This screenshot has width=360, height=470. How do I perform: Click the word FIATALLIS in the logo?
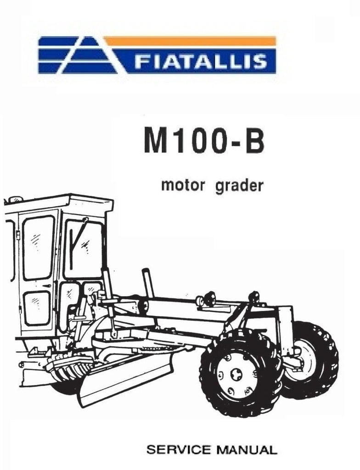coord(200,61)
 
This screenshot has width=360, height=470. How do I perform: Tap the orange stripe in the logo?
coord(190,41)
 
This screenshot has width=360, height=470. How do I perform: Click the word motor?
coord(183,185)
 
